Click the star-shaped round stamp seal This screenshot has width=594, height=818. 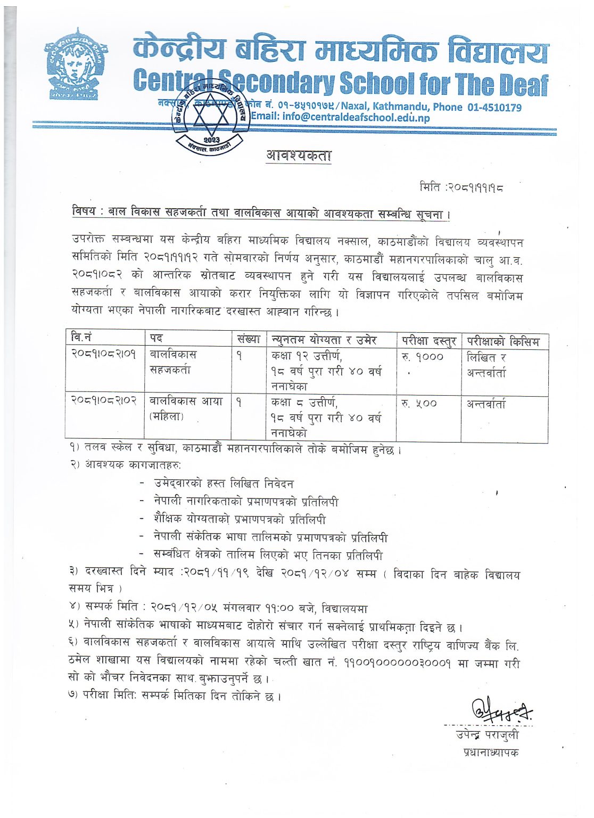pyautogui.click(x=209, y=118)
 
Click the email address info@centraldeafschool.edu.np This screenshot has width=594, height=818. pyautogui.click(x=340, y=117)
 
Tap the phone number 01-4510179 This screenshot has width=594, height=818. pyautogui.click(x=494, y=107)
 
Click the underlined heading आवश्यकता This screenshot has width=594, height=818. pyautogui.click(x=299, y=156)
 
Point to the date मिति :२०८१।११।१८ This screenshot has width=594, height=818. pyautogui.click(x=461, y=187)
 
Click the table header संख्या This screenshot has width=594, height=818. pyautogui.click(x=249, y=339)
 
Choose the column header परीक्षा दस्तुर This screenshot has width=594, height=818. pyautogui.click(x=428, y=340)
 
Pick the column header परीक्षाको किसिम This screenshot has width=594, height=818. pyautogui.click(x=503, y=341)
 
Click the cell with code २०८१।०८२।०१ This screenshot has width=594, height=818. pyautogui.click(x=104, y=354)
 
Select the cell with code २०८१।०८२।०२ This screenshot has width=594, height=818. pyautogui.click(x=105, y=400)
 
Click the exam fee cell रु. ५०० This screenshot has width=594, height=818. pyautogui.click(x=419, y=404)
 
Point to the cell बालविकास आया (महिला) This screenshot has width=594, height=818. pyautogui.click(x=186, y=408)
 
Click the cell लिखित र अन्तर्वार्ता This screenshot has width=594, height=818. pyautogui.click(x=486, y=365)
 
